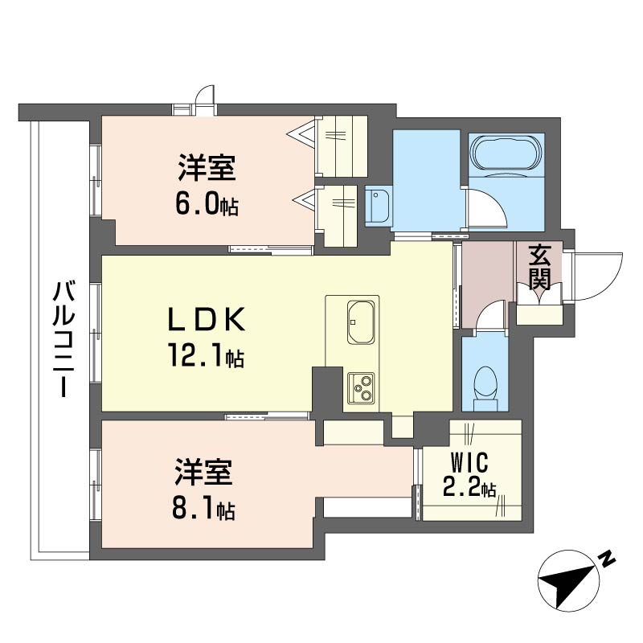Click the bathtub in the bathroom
[x=506, y=153]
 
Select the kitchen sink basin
[x=360, y=322]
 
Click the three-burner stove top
[x=361, y=388]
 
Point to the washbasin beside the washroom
[x=378, y=207]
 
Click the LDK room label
[x=207, y=319]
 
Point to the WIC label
[x=469, y=462]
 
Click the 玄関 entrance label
[x=539, y=267]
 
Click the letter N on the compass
[x=606, y=559]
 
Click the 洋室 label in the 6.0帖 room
[x=207, y=167]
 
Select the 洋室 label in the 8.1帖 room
[x=204, y=473]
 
